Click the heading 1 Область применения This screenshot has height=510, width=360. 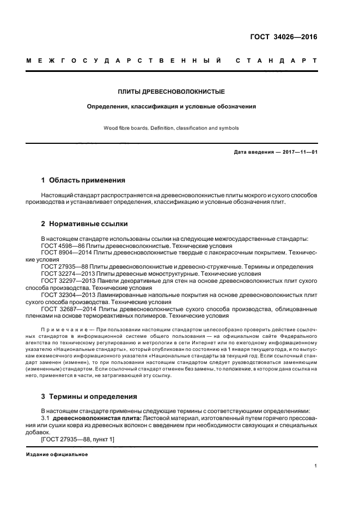(x=83, y=180)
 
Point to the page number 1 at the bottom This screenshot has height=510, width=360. (x=316, y=465)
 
